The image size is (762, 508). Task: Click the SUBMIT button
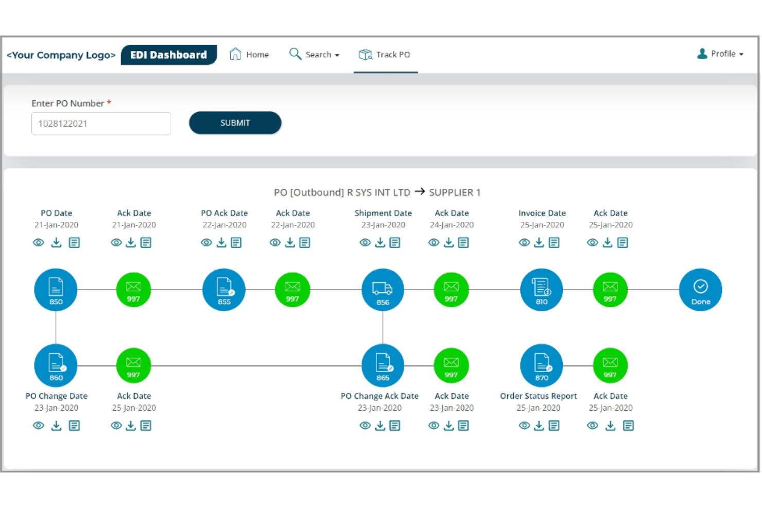(x=235, y=123)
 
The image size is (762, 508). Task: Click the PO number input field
(x=101, y=124)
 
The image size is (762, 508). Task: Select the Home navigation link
(x=249, y=54)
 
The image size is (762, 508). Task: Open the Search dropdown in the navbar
(x=314, y=54)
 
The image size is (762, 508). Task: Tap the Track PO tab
(x=385, y=54)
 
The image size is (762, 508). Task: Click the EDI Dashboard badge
(x=168, y=55)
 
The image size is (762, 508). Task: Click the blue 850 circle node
(x=56, y=290)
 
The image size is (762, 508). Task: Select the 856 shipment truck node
(x=383, y=290)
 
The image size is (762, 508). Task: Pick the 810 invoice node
(x=541, y=290)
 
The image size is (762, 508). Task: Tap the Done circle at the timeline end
(x=700, y=290)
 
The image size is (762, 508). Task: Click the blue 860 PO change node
(x=56, y=365)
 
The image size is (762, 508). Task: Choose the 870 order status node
(x=541, y=365)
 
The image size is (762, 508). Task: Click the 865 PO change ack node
(x=383, y=365)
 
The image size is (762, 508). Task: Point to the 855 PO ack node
(x=224, y=290)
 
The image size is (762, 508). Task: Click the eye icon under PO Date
(x=39, y=242)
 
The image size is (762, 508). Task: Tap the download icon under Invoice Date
(x=539, y=242)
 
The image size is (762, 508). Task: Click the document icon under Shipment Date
(x=395, y=242)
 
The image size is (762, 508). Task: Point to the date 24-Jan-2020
(x=452, y=225)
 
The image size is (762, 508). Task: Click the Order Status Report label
(x=538, y=396)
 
